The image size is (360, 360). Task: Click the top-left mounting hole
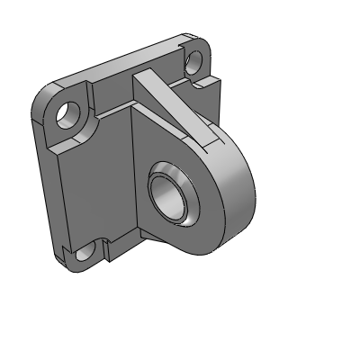pyautogui.click(x=67, y=112)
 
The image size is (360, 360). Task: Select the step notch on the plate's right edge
pyautogui.click(x=213, y=85)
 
